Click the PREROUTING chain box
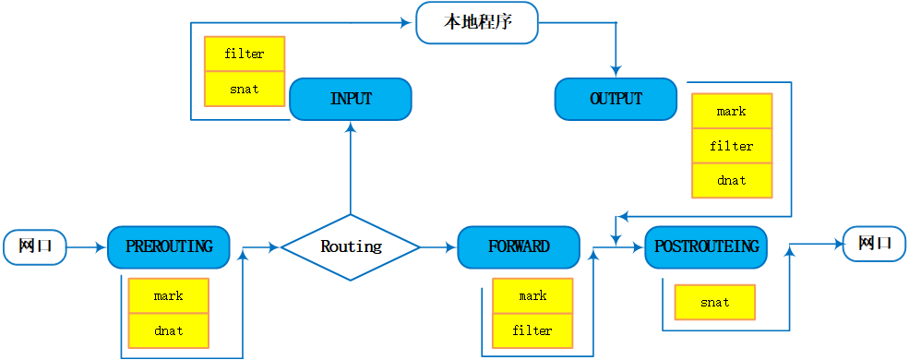click(x=169, y=247)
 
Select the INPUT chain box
click(x=351, y=99)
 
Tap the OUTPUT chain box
click(x=616, y=99)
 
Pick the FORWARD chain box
click(x=519, y=247)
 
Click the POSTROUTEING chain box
click(x=706, y=247)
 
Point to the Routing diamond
click(x=351, y=247)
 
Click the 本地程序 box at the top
click(x=476, y=23)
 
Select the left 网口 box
click(x=35, y=247)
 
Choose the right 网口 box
click(x=874, y=244)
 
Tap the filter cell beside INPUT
click(x=245, y=54)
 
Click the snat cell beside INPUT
click(x=245, y=90)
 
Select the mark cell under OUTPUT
click(x=732, y=112)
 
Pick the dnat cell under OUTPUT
click(x=732, y=181)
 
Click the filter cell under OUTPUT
click(x=732, y=147)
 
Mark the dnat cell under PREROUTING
click(x=168, y=330)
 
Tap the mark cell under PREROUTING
click(x=168, y=296)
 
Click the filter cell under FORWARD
click(x=532, y=330)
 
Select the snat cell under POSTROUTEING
click(x=715, y=303)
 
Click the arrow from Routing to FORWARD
click(x=438, y=247)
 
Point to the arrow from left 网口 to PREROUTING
click(x=87, y=247)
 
